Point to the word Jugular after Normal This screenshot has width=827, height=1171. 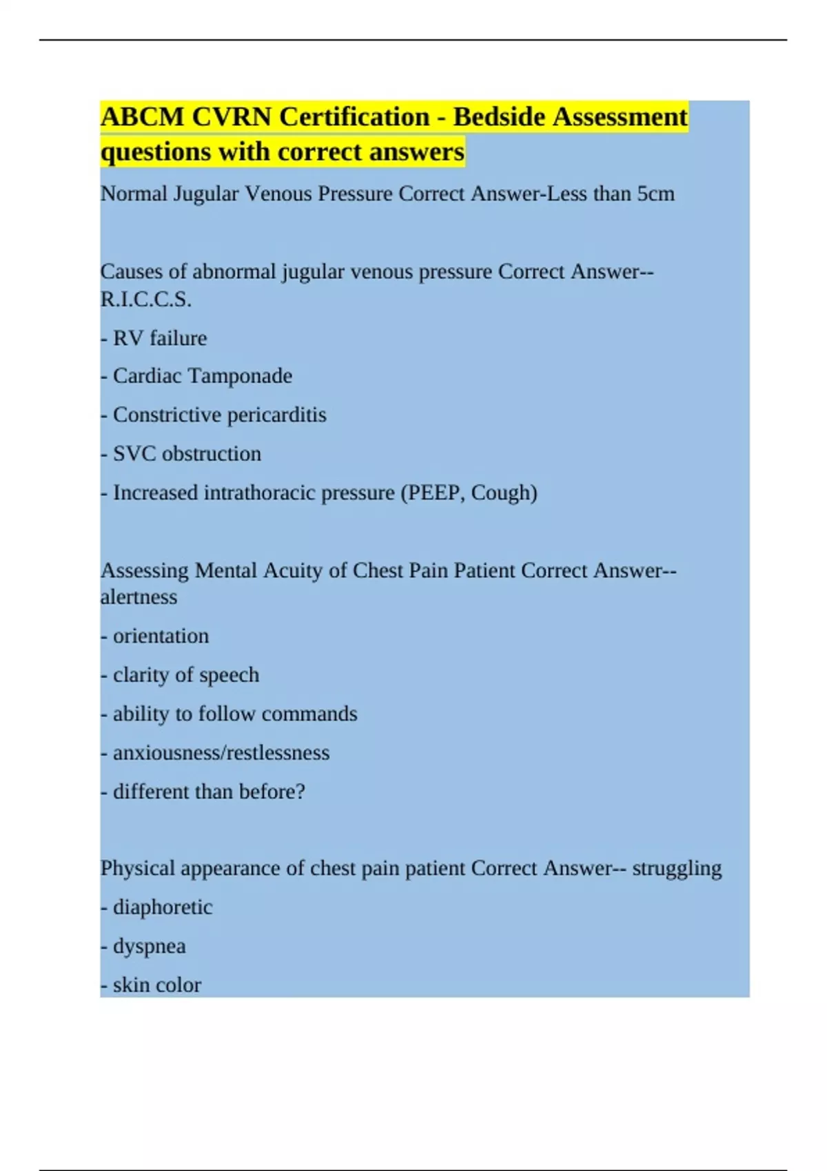tap(206, 194)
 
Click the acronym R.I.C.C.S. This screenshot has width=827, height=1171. tap(145, 300)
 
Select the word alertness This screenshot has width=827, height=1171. tap(139, 597)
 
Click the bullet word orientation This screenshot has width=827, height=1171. tap(161, 636)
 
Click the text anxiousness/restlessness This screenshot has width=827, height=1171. tap(221, 753)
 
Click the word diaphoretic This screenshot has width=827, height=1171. tap(163, 907)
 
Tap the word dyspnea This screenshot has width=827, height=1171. tap(150, 946)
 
